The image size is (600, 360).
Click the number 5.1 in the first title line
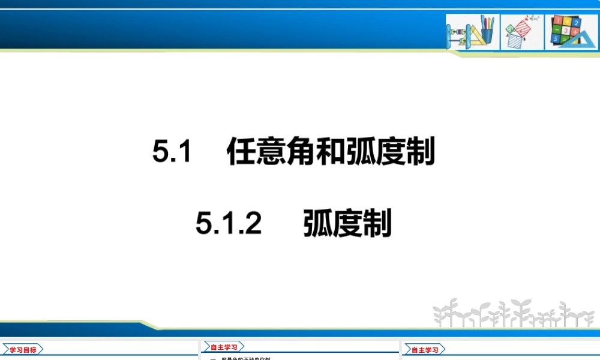point(172,151)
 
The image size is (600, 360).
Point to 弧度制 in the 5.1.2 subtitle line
point(347,224)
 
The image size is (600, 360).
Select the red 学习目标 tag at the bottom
point(23,349)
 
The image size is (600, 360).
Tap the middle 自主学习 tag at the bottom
point(223,347)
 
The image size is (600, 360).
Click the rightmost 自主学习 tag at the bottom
point(424,349)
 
